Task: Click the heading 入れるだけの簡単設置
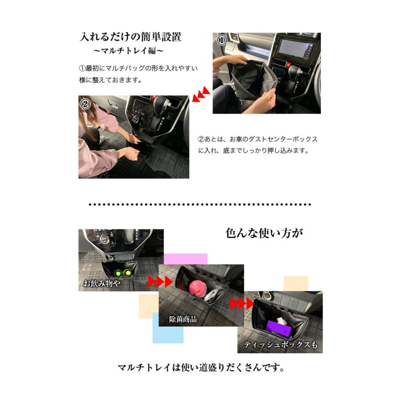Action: (130, 37)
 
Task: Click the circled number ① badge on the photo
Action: (221, 40)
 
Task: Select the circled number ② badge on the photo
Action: (85, 104)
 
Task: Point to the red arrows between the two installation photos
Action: (201, 94)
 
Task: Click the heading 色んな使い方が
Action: (264, 233)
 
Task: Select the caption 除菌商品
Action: (183, 319)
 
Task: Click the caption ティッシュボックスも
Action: (280, 344)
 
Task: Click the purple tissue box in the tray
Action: (279, 328)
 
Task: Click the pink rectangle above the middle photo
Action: (185, 259)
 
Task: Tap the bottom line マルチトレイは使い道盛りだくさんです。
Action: (201, 368)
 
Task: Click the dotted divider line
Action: (200, 204)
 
